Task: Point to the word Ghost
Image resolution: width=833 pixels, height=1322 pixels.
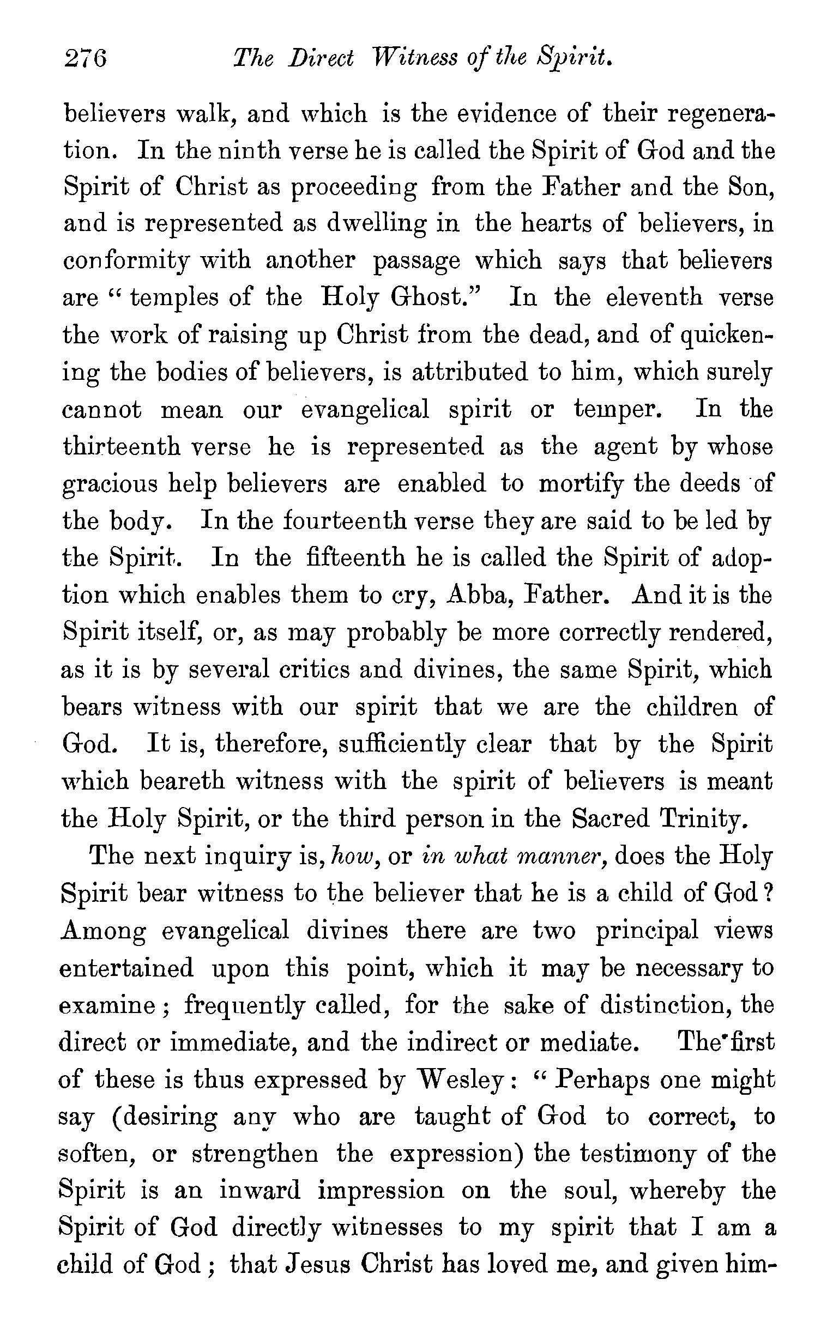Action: pyautogui.click(x=435, y=298)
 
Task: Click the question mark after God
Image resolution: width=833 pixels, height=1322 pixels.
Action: pyautogui.click(x=768, y=893)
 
